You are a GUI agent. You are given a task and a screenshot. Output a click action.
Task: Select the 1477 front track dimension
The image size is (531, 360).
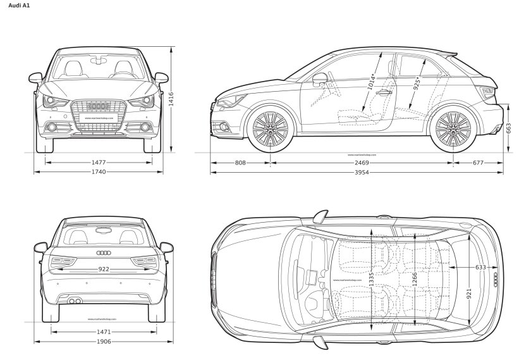coord(98,163)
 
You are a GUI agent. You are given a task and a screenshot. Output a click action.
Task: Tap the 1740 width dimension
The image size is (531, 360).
coord(98,171)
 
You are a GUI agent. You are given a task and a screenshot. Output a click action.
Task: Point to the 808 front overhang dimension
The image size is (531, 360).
coord(240,163)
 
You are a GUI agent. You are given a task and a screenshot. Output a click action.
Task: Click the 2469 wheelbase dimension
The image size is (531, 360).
coord(361,163)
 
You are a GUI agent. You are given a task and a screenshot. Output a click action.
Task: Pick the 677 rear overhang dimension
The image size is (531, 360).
coord(478,163)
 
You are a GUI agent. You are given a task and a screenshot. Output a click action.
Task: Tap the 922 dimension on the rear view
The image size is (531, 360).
coord(104,270)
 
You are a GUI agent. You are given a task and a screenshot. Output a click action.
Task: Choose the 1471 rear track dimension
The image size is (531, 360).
coord(104,332)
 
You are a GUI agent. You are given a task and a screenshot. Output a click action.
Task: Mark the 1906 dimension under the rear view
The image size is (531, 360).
coord(104,342)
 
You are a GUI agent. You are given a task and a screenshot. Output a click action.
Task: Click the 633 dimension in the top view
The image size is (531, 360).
coord(480,267)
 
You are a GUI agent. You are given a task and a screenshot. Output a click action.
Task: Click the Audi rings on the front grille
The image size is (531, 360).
coord(98,106)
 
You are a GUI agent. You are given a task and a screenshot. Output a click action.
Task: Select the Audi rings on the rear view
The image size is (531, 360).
coord(104,253)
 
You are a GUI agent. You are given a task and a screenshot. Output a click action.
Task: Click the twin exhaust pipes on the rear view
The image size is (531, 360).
coord(75,301)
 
